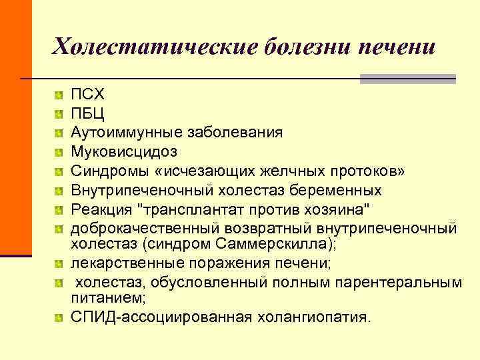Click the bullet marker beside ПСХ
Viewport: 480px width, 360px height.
pyautogui.click(x=60, y=94)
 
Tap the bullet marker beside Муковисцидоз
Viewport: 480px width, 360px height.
pyautogui.click(x=60, y=151)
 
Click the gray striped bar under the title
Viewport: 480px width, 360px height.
pyautogui.click(x=407, y=79)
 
